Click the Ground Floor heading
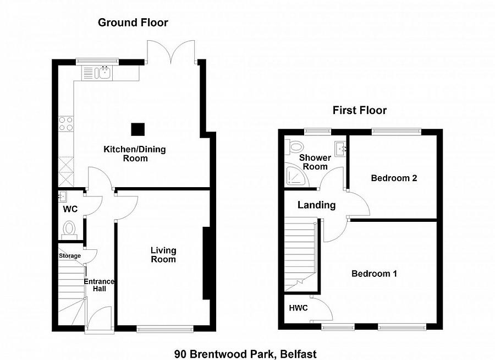click(x=133, y=23)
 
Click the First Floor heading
click(x=360, y=110)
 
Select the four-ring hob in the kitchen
click(x=66, y=124)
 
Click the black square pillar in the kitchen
click(x=138, y=129)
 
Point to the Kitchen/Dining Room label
click(x=135, y=154)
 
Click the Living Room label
click(x=163, y=255)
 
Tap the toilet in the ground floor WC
click(x=69, y=229)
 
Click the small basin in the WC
click(x=63, y=197)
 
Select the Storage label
click(x=70, y=256)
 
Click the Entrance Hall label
click(x=99, y=285)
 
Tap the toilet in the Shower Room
click(x=294, y=146)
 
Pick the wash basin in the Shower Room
click(x=340, y=149)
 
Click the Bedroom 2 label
click(x=394, y=178)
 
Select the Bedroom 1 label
click(x=374, y=274)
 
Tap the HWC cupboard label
click(x=298, y=308)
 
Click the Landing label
click(x=316, y=205)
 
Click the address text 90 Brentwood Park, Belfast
click(x=245, y=354)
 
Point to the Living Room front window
click(x=165, y=329)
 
